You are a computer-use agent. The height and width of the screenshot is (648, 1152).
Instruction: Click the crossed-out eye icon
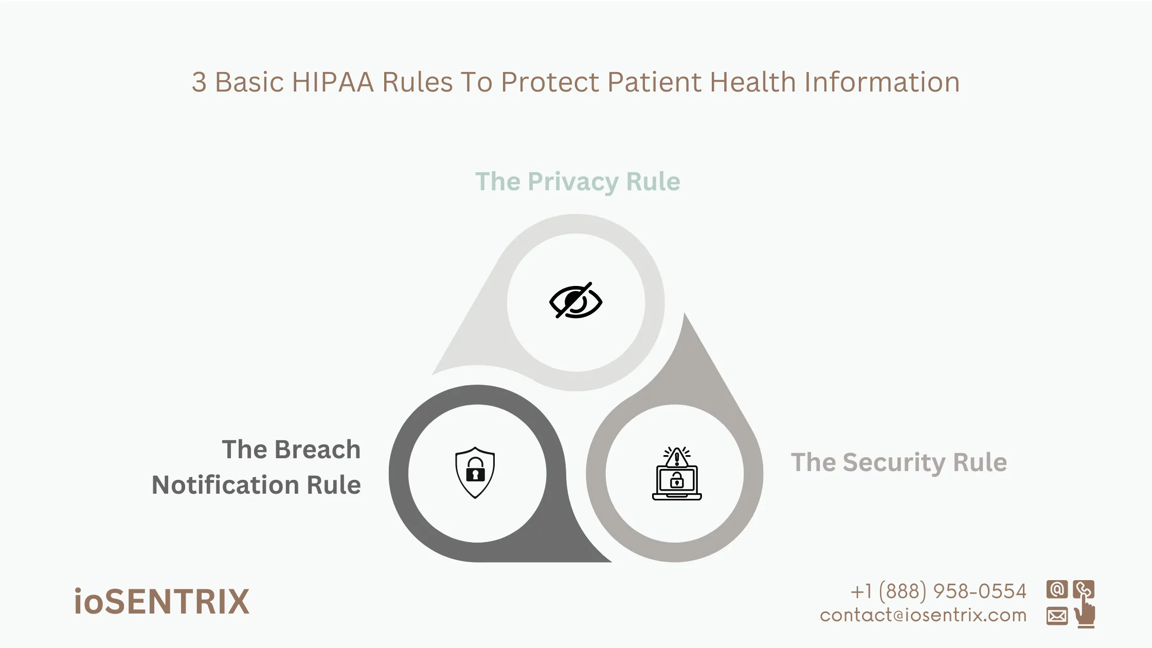(x=576, y=301)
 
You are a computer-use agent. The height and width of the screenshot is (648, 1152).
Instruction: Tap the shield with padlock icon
(x=475, y=473)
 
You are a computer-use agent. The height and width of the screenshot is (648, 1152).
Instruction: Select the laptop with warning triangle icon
(x=677, y=474)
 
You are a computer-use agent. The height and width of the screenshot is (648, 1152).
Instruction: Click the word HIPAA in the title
(x=333, y=82)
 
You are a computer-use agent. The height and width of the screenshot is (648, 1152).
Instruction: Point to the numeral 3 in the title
(x=199, y=82)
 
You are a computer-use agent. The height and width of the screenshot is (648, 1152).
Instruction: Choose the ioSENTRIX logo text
(x=161, y=602)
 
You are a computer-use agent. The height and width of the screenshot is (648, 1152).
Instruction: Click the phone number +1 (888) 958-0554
(x=938, y=591)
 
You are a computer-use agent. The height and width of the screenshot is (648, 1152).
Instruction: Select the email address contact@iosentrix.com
(x=923, y=615)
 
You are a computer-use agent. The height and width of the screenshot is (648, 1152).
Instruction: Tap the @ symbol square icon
(x=1057, y=589)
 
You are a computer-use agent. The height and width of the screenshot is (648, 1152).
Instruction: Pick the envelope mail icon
(x=1057, y=616)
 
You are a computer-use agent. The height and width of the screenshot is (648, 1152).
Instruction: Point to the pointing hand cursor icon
(x=1085, y=613)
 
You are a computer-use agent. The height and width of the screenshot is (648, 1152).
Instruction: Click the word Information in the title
(x=882, y=82)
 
